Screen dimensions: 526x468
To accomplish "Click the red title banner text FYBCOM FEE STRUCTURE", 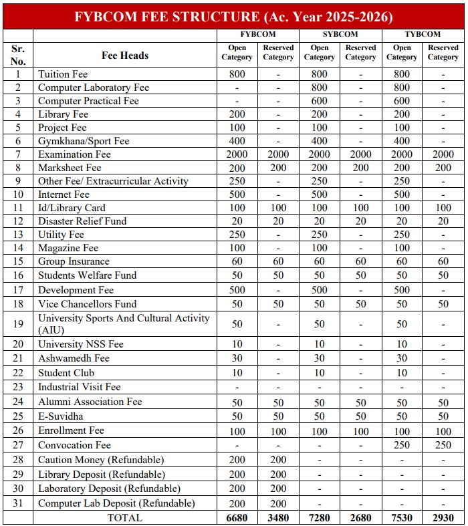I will coord(234,15).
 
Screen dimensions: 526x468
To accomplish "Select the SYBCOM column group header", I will coord(340,34).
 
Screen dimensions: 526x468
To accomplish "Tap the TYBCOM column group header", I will coord(423,34).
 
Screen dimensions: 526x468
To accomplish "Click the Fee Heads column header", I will coord(125,55).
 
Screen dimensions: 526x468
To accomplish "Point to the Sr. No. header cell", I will coord(18,55).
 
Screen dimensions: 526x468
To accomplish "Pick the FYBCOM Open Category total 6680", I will coord(237,517).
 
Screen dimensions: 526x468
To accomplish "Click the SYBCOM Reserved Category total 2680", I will coord(361,517).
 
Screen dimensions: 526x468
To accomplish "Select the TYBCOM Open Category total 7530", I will coord(402,517).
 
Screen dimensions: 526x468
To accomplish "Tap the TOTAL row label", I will coord(125,517).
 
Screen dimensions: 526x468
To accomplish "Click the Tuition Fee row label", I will coord(63,74).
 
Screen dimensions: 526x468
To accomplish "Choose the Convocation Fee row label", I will coord(74,445).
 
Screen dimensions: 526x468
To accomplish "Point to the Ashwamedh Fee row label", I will coord(74,358).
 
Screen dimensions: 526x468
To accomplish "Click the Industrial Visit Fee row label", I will coord(79,387).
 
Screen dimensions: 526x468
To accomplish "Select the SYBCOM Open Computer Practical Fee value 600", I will coord(320,101).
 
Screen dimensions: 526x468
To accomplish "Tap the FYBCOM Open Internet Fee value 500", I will coord(237,194).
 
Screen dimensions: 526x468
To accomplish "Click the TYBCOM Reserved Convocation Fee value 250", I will coord(443,445).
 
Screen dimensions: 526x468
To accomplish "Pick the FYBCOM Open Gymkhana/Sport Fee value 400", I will coord(237,141).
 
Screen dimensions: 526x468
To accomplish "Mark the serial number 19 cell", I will coord(18,324).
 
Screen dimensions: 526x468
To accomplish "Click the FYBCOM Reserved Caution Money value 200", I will coord(278,460).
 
